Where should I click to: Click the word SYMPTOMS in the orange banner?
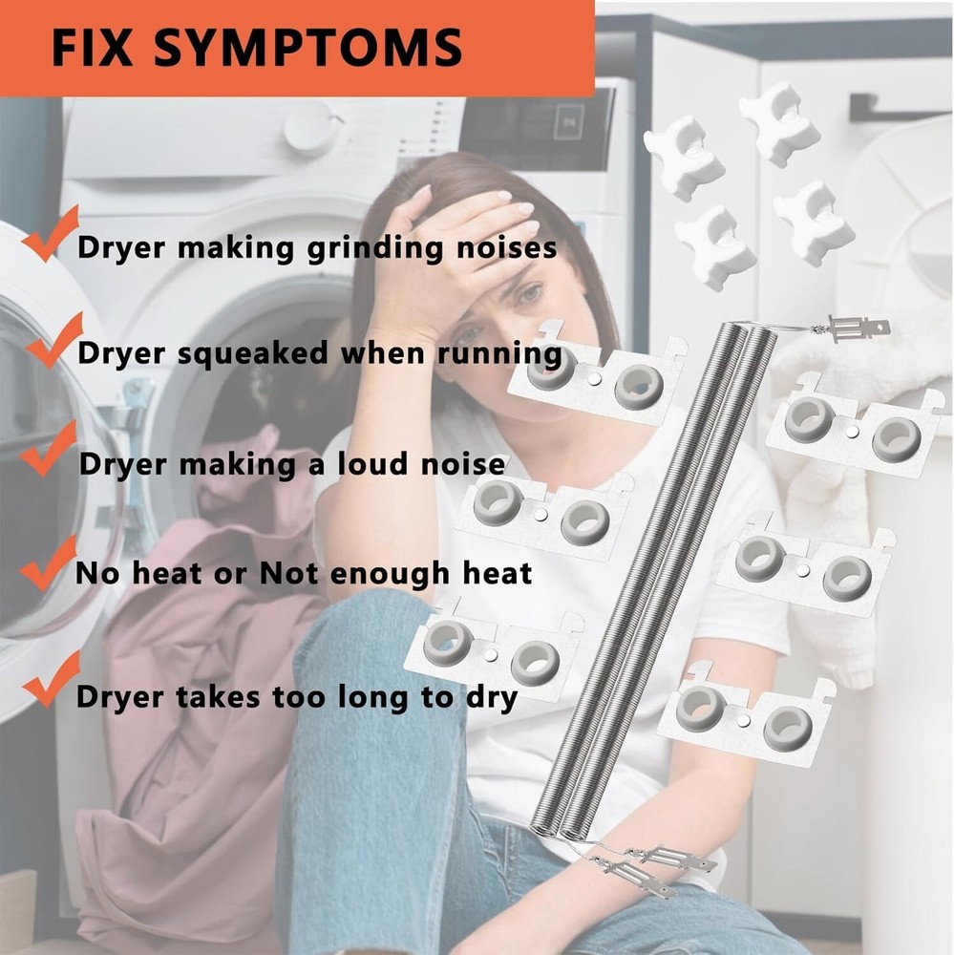click(307, 48)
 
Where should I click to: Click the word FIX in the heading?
click(92, 48)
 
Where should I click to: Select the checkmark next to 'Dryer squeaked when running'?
click(54, 341)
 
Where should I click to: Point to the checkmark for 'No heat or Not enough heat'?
click(48, 563)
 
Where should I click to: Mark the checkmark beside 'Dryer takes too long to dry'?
click(52, 679)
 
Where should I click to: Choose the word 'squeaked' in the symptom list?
click(253, 355)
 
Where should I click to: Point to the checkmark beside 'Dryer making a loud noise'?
click(48, 449)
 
